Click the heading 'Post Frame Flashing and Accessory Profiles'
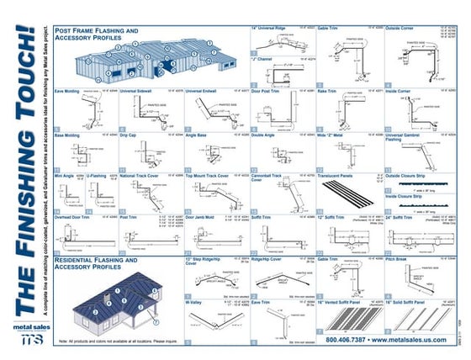(x=96, y=34)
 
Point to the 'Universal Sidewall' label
(x=140, y=90)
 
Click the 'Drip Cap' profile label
(x=129, y=134)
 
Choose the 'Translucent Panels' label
(x=340, y=177)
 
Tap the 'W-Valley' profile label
(x=196, y=300)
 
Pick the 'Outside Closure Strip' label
(x=411, y=177)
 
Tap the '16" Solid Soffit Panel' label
(x=413, y=300)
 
